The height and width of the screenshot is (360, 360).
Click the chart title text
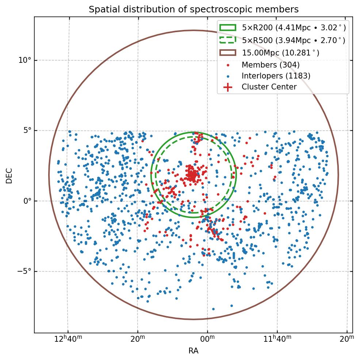coord(194,9)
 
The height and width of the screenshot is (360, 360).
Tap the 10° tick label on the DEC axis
coord(25,60)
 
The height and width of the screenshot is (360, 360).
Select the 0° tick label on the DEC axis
coord(27,201)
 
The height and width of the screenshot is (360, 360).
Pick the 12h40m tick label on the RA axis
coord(68,339)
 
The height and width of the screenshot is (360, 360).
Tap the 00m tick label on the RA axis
coord(207,339)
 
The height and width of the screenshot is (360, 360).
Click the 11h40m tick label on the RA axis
coord(277,339)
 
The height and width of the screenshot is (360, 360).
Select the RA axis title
coord(194,351)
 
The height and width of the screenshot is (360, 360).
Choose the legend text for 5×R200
coord(294,28)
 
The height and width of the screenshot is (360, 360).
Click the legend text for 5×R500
coord(294,40)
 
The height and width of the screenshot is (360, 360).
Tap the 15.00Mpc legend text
coord(280,53)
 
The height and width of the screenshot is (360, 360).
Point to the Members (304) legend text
coord(271,65)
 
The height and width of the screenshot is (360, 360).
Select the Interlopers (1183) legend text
coord(276,76)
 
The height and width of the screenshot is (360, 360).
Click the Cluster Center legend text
coord(269,87)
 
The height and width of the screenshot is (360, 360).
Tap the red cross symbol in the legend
coord(228,87)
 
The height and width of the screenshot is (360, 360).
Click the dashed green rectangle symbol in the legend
coord(228,40)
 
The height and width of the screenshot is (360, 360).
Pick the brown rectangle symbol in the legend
coord(228,53)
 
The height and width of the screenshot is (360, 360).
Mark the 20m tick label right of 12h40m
coord(138,339)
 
